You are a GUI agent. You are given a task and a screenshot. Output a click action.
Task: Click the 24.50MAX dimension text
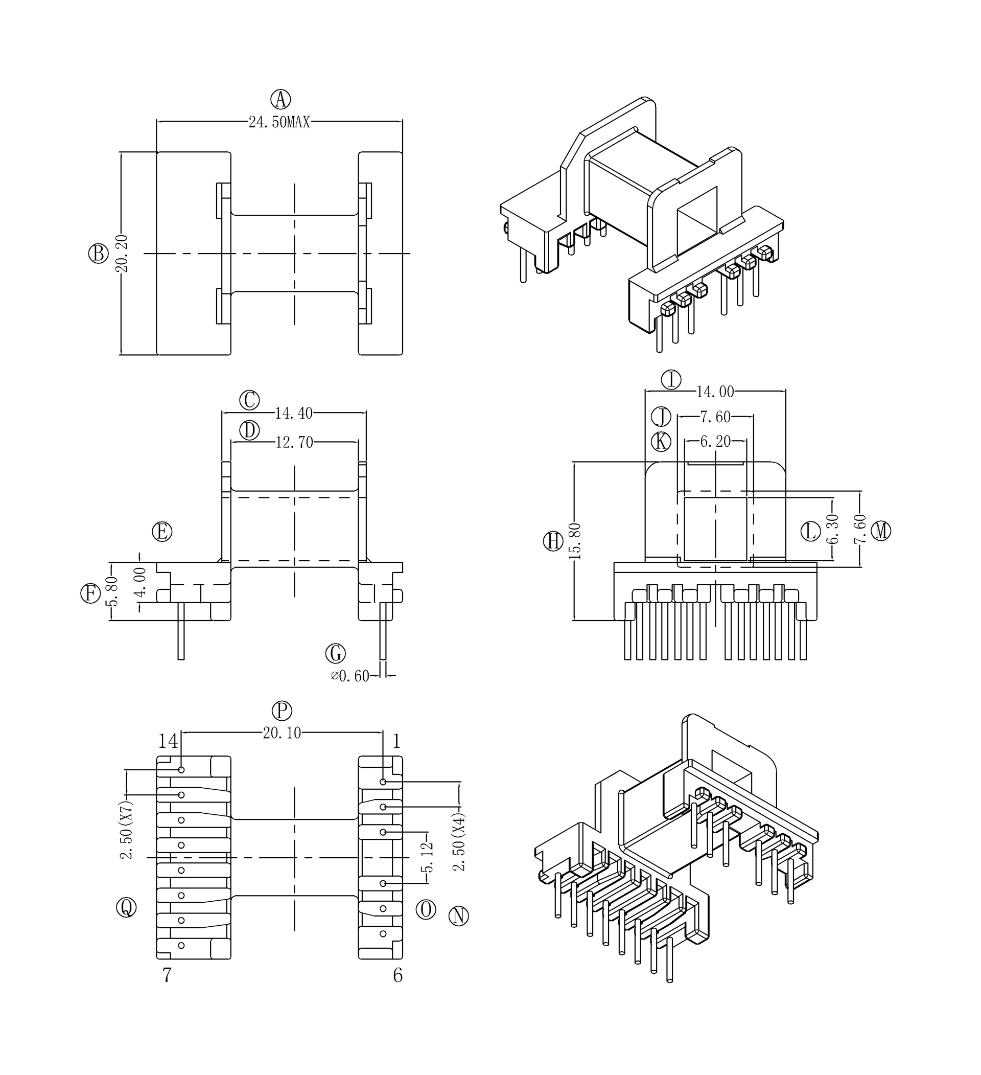pos(279,122)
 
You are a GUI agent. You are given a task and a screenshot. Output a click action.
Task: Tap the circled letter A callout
pos(281,99)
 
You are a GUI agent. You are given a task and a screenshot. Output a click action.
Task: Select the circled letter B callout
pos(98,253)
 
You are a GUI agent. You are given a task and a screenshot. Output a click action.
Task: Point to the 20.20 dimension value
pos(123,254)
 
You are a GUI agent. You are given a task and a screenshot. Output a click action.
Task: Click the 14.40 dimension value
pos(294,413)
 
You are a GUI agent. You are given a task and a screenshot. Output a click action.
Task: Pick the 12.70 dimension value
pos(294,442)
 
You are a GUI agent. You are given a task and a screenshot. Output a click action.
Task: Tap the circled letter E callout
pos(162,532)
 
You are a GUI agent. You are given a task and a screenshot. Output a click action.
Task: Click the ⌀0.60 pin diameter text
pos(350,676)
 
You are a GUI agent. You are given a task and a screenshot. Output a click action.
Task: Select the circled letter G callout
pos(336,653)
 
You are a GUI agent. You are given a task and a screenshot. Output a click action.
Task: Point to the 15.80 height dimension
pos(575,541)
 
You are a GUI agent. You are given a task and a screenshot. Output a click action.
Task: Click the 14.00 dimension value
pos(715,392)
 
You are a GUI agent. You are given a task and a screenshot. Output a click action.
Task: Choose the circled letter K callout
pos(661,442)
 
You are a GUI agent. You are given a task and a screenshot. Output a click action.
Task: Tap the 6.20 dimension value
pos(715,442)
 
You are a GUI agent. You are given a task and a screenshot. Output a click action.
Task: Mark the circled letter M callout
pos(881,531)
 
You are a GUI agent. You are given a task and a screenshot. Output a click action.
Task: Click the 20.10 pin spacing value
pos(282,733)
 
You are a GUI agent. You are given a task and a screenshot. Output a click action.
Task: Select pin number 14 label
pos(168,741)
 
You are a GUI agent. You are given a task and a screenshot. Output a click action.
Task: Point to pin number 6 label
pos(398,975)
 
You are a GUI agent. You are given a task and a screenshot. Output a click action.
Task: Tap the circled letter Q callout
pos(126,906)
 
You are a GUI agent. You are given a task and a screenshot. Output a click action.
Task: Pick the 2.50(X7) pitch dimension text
pos(126,830)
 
